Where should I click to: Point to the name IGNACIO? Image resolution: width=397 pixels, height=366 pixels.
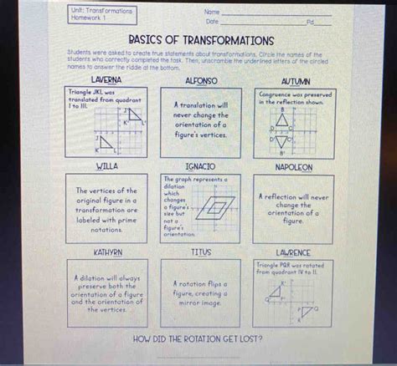[198, 167]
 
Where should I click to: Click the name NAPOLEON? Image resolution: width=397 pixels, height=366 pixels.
[293, 167]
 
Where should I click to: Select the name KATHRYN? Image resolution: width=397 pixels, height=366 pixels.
[108, 251]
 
